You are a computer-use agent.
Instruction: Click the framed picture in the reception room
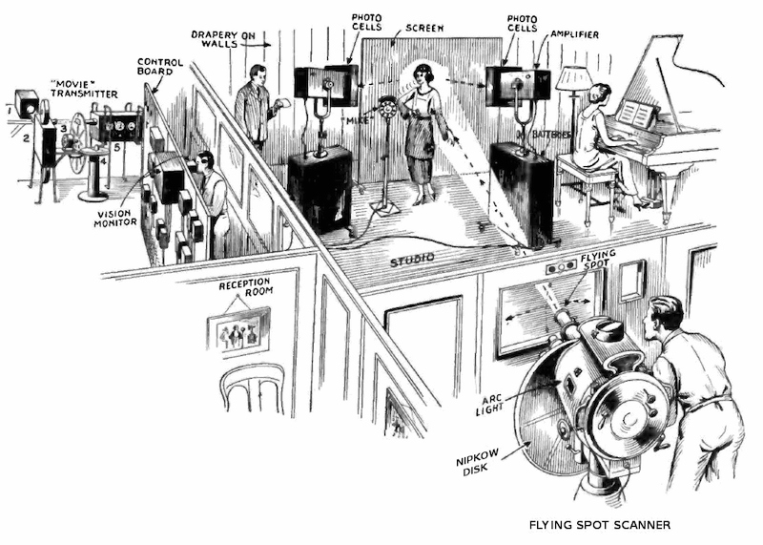coord(238,330)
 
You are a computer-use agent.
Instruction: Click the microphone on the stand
coord(387,107)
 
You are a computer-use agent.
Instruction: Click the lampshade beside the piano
coord(574,78)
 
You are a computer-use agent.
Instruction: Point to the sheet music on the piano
coord(636,114)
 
